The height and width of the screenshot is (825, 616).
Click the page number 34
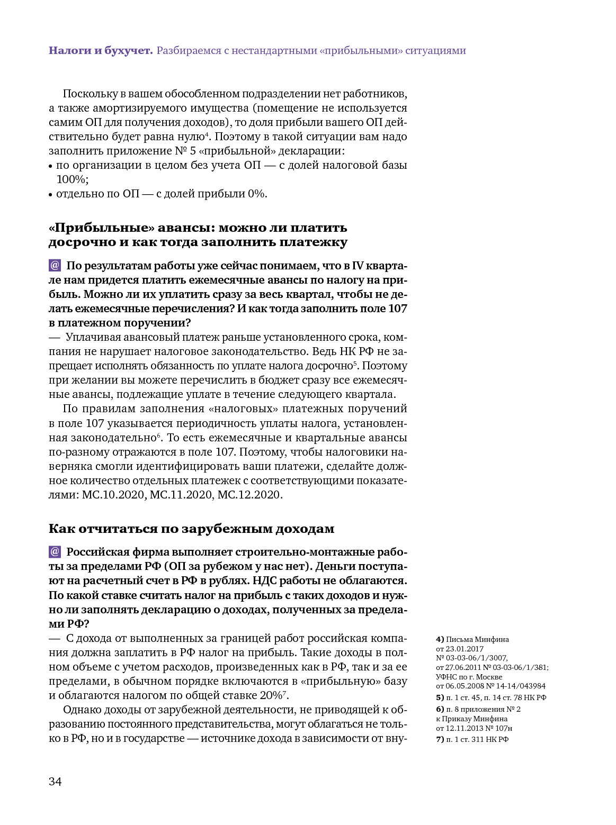coord(55,782)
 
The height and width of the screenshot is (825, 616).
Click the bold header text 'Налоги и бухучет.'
coord(101,51)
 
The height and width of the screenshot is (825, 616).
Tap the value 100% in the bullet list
coord(71,179)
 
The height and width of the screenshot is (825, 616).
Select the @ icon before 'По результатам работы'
coord(55,266)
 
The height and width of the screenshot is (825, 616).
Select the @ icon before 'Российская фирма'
coord(55,552)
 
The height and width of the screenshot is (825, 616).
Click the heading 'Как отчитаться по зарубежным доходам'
coord(191,529)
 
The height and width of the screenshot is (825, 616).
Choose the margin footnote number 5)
coord(440,697)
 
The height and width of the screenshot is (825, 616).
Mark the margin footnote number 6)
coord(440,709)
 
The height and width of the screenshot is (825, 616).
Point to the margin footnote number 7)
coord(440,739)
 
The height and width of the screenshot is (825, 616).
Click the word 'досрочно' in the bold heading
coord(78,242)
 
